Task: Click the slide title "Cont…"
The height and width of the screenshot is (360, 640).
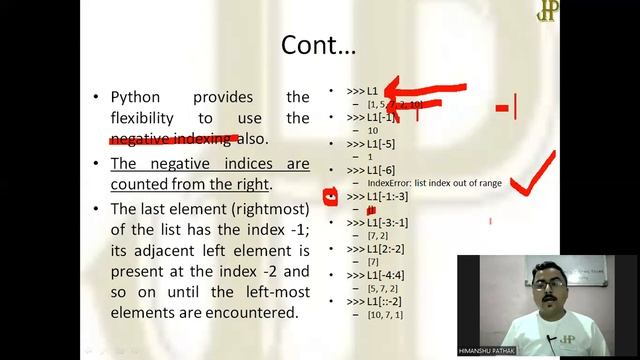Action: click(x=318, y=45)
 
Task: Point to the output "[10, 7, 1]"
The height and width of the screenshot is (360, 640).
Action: click(x=385, y=314)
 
